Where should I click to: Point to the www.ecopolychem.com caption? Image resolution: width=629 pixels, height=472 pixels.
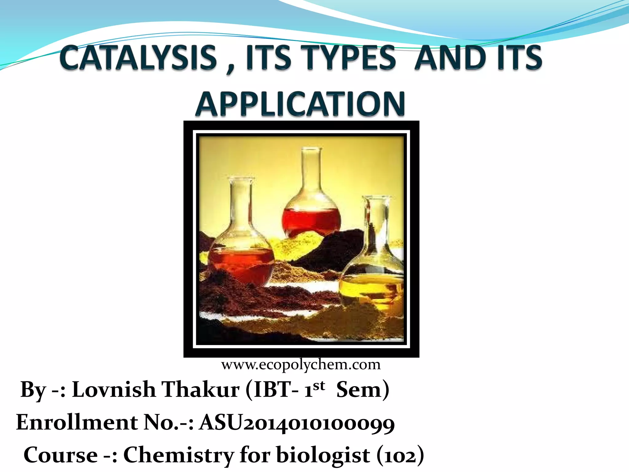(301, 365)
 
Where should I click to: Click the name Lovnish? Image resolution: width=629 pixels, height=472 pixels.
(114, 390)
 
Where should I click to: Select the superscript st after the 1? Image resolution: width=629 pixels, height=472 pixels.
(319, 385)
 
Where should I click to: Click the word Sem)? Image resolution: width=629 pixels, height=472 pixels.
(363, 390)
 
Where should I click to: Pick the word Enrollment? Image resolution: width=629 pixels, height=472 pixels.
(77, 422)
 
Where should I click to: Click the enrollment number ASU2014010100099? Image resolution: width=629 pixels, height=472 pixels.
(297, 423)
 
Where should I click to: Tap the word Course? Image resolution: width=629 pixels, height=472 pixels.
(61, 455)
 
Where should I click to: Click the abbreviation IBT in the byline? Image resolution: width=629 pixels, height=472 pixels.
(272, 390)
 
